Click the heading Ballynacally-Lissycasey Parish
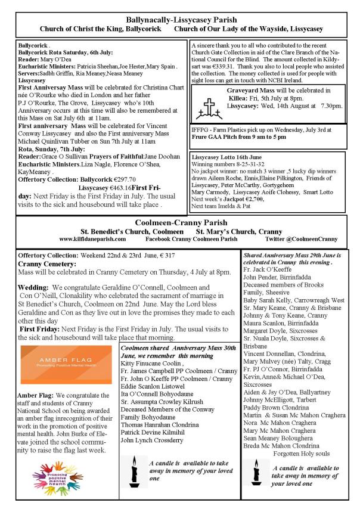pos(179,20)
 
